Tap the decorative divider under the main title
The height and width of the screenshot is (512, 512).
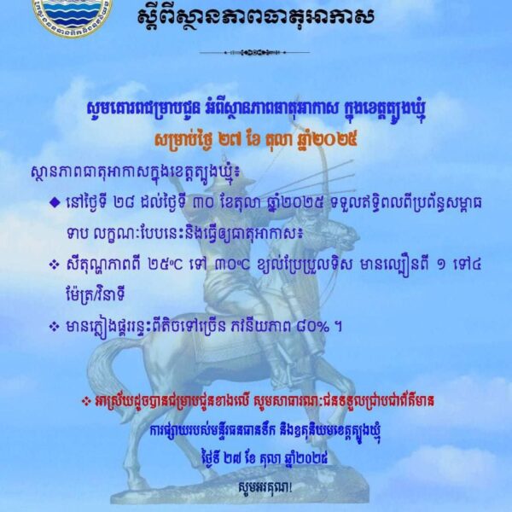[255, 53]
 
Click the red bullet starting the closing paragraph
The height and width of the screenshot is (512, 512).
[107, 397]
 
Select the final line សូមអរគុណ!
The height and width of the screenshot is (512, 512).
[256, 488]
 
